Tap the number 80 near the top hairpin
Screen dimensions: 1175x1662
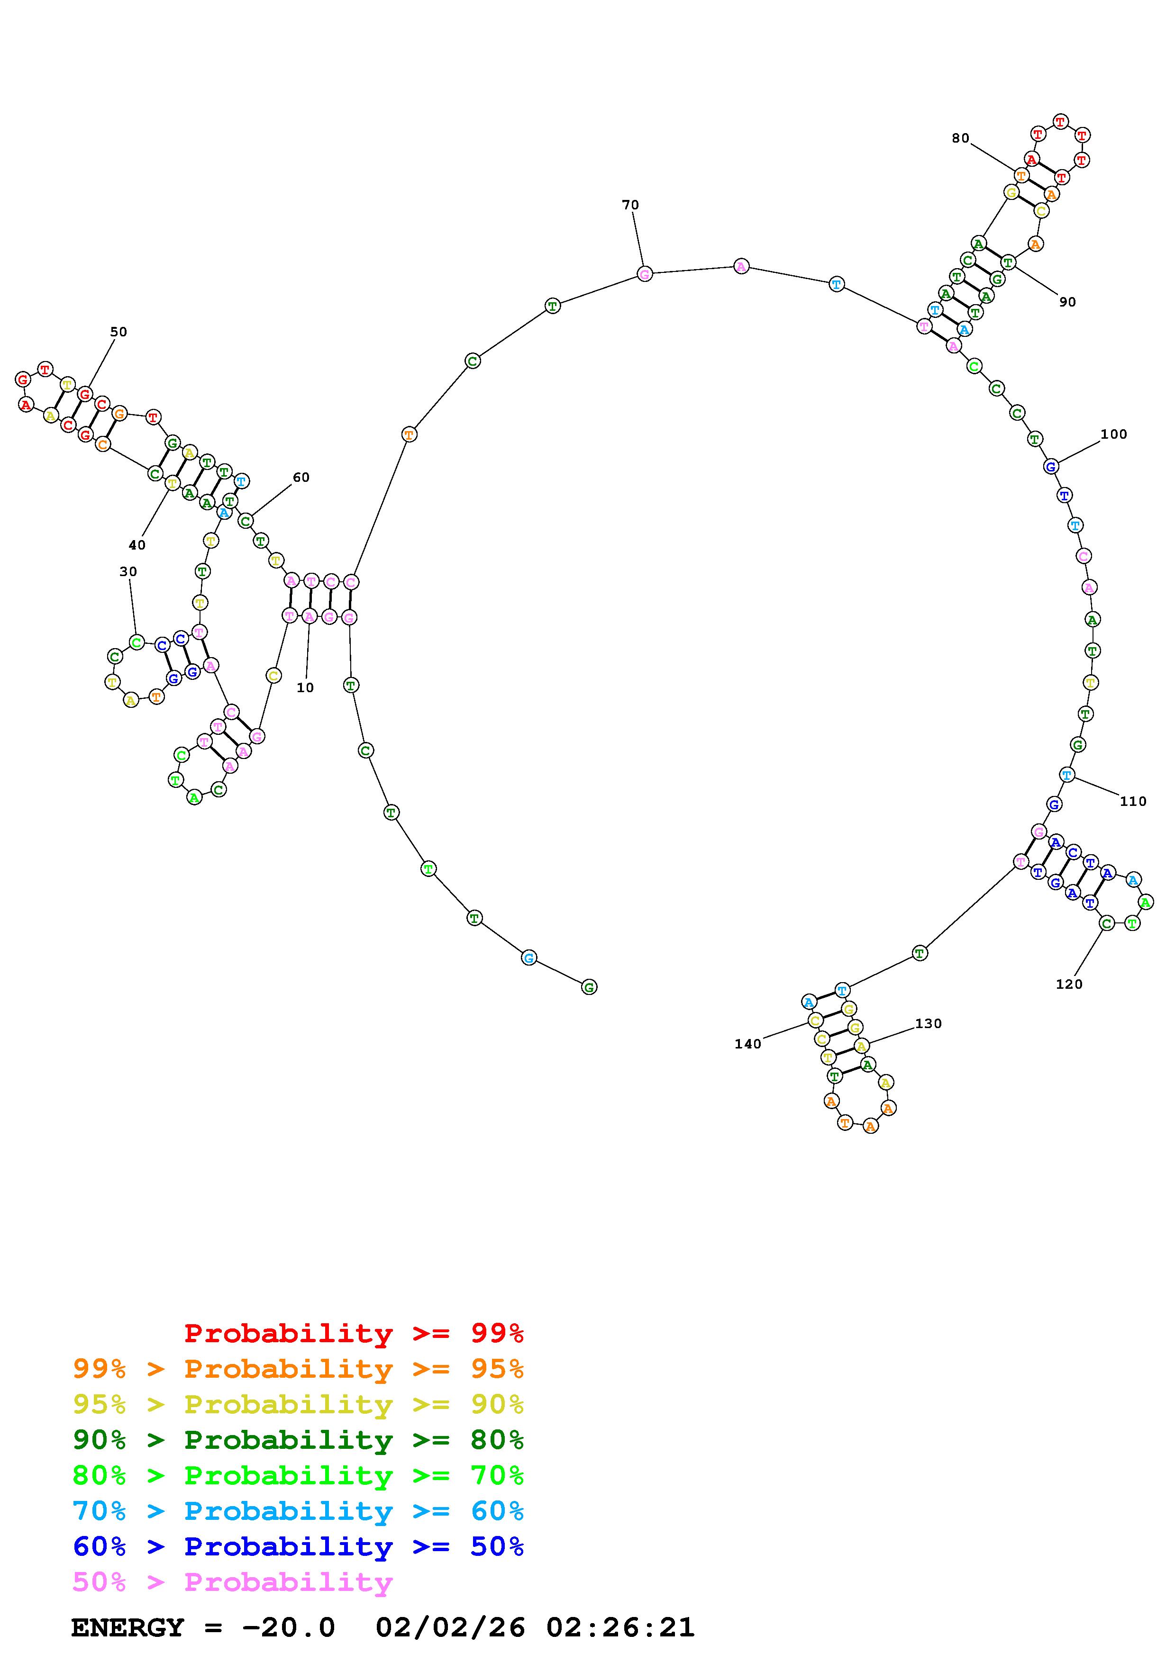click(961, 138)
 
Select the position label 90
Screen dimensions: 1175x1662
click(1068, 303)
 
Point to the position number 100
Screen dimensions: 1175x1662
click(1114, 434)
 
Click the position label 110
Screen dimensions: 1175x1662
click(1133, 801)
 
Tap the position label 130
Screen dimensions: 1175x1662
click(929, 1023)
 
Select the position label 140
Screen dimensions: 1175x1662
click(748, 1044)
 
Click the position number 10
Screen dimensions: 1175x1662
click(306, 687)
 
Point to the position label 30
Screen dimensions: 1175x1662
click(128, 572)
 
